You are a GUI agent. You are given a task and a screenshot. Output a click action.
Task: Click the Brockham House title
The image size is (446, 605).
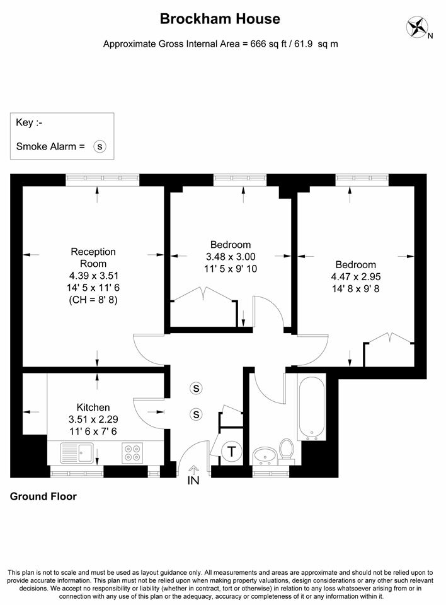pos(220,18)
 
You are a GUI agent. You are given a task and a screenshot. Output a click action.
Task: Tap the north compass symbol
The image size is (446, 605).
pos(418,27)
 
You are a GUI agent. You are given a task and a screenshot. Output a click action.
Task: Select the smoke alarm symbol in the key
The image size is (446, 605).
pos(100,146)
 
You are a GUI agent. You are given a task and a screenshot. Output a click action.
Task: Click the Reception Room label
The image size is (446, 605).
pos(93,257)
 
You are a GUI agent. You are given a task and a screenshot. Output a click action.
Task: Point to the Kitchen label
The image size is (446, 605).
pos(93,407)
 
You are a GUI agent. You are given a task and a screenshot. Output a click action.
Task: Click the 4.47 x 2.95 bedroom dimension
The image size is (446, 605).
pos(356,277)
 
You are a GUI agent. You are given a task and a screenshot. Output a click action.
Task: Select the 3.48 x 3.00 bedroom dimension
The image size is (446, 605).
pos(231,257)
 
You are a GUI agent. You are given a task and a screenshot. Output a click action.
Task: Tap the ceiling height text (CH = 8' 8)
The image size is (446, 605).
pos(93,300)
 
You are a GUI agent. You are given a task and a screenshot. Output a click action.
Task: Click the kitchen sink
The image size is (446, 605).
pos(77,452)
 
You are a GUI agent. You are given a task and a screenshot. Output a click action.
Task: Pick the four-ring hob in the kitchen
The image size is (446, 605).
pos(132,453)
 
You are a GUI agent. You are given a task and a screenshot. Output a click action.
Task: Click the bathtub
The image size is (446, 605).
pos(312,409)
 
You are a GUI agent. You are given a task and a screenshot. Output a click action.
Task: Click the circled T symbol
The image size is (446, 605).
pos(231,451)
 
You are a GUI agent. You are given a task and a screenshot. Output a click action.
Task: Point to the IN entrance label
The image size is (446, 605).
pos(193,480)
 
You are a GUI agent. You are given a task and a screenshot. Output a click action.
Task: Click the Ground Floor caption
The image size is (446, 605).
pos(43,496)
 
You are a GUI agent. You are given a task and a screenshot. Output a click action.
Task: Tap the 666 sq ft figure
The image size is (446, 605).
pos(264,44)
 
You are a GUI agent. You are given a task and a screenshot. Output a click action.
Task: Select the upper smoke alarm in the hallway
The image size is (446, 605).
pos(196,388)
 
